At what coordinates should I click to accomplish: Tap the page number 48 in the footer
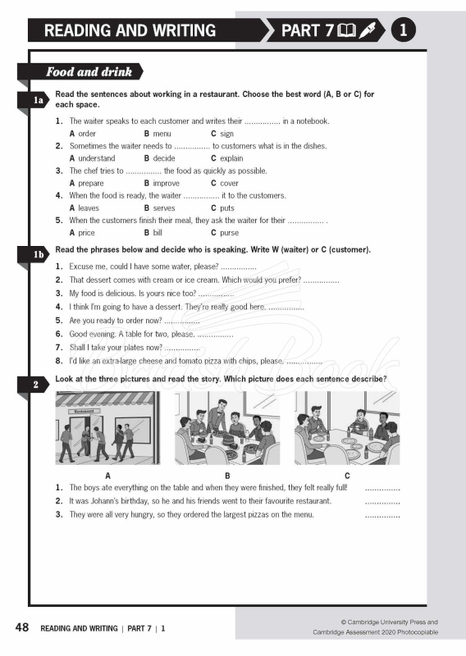[x=22, y=628]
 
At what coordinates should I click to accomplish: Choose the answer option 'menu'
[x=162, y=134]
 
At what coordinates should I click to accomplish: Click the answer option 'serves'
[x=163, y=208]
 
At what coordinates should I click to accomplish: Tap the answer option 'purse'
[x=230, y=233]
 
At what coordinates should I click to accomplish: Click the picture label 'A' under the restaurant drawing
[x=107, y=476]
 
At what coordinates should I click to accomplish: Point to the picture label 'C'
[x=347, y=476]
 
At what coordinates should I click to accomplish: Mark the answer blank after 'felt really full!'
[x=381, y=489]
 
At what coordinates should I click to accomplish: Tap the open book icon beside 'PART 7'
[x=346, y=31]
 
